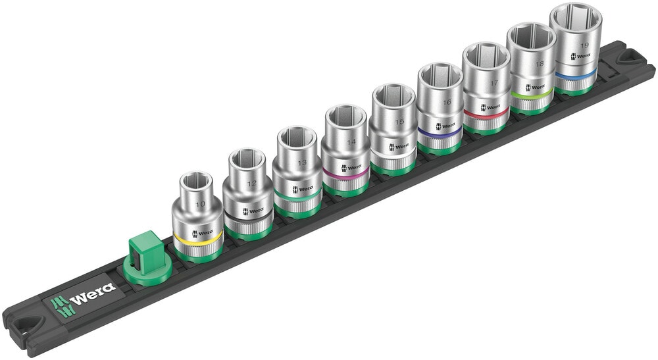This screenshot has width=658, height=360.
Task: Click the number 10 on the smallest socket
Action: pyautogui.click(x=200, y=205)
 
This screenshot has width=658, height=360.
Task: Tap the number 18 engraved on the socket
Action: pyautogui.click(x=539, y=64)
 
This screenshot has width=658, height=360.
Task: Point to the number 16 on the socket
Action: pyautogui.click(x=447, y=103)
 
